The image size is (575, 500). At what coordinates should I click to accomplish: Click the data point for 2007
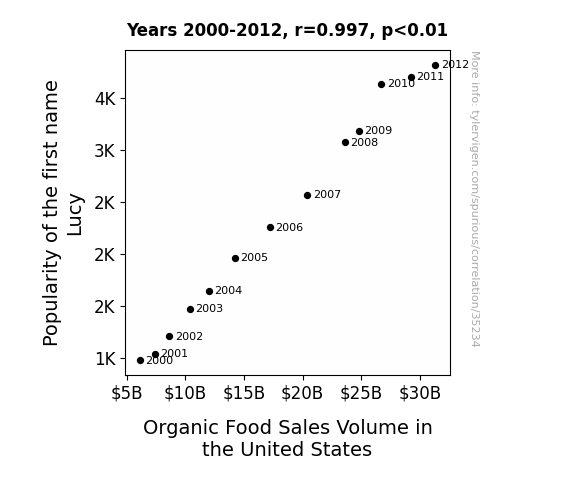[x=307, y=196]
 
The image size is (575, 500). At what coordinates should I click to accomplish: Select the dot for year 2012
[x=435, y=66]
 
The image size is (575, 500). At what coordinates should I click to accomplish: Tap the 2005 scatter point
[x=235, y=259]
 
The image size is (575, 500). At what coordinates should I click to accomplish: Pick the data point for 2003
[x=190, y=310]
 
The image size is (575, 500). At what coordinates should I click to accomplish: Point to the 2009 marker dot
[x=359, y=131]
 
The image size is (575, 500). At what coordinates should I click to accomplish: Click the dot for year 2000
[x=140, y=361]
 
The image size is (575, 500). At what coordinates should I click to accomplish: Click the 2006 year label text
[x=289, y=227]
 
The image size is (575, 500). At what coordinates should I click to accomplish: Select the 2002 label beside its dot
[x=189, y=336]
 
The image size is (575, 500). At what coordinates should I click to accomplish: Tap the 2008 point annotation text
[x=365, y=142]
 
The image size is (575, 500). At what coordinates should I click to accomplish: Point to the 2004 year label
[x=228, y=291]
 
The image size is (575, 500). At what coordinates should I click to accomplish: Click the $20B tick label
[x=302, y=393]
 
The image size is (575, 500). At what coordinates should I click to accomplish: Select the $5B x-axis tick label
[x=127, y=393]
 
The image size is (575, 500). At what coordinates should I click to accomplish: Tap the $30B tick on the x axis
[x=420, y=393]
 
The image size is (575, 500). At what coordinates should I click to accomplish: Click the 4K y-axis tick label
[x=105, y=99]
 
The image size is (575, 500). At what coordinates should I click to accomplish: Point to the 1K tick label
[x=105, y=359]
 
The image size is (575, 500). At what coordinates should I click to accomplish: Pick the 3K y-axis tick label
[x=105, y=151]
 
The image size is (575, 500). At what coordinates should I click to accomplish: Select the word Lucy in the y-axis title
[x=75, y=215]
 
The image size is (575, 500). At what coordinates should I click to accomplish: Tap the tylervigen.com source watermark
[x=475, y=199]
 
